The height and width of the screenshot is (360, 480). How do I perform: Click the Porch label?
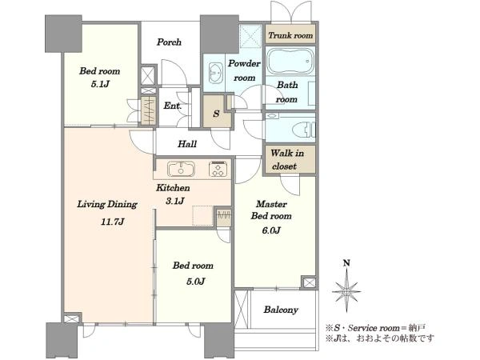(x=169, y=42)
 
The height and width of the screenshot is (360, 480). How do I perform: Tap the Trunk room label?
(x=290, y=35)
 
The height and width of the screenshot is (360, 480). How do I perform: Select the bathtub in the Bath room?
(x=290, y=61)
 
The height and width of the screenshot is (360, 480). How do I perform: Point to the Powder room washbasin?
(x=216, y=73)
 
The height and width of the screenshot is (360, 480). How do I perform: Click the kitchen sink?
(x=181, y=169)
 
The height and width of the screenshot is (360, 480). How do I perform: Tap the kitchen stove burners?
(x=218, y=170)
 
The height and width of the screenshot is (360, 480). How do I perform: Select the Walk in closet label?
(x=287, y=159)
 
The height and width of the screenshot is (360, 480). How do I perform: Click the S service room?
(x=217, y=112)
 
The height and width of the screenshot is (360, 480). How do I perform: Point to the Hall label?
(x=187, y=144)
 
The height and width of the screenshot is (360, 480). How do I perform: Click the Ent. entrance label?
(x=173, y=106)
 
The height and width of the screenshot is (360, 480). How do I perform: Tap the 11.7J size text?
(x=112, y=222)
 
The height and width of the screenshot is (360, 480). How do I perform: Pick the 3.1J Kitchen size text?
(x=174, y=201)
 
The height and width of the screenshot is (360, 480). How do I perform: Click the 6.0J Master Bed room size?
(x=271, y=230)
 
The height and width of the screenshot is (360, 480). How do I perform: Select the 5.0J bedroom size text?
(x=195, y=281)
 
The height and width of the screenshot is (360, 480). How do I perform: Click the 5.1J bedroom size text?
(x=100, y=84)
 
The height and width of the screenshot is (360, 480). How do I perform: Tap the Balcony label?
(x=281, y=310)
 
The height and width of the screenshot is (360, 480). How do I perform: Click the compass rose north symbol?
(x=346, y=291)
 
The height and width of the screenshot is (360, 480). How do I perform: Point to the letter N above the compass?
(x=346, y=263)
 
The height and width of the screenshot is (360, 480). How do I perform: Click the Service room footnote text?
(x=375, y=328)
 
